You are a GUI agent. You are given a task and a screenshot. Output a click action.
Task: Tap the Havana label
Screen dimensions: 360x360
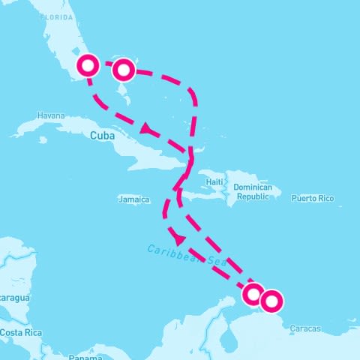click(51, 116)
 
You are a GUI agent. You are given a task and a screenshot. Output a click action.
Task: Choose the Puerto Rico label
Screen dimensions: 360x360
click(313, 199)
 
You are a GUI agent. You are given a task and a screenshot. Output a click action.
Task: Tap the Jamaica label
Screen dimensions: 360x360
click(134, 199)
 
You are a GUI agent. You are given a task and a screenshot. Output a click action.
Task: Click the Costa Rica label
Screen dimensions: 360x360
click(20, 332)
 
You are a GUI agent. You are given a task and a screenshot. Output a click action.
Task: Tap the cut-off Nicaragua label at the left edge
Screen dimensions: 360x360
click(14, 298)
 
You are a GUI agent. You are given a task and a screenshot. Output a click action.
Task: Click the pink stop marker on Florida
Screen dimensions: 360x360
click(89, 65)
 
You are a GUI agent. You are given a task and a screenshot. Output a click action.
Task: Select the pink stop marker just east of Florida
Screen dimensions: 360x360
click(124, 70)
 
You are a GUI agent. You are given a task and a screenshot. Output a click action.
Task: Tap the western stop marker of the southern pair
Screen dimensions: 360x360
click(253, 293)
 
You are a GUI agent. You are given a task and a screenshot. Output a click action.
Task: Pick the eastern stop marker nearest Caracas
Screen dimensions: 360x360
click(271, 301)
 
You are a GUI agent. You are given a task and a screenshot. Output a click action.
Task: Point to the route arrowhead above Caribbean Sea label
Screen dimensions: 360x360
click(178, 236)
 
